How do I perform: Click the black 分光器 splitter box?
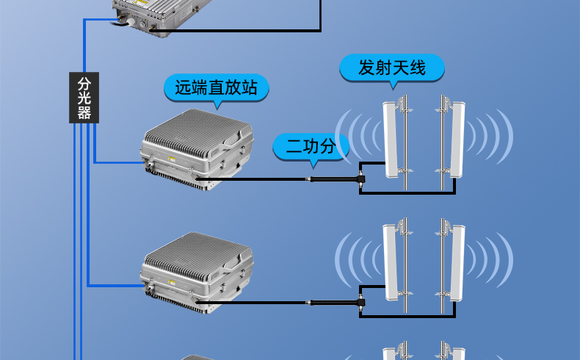pyautogui.click(x=84, y=98)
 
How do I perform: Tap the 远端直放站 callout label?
pyautogui.click(x=217, y=88)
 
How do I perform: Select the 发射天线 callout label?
pyautogui.click(x=392, y=68)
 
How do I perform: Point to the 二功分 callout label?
pyautogui.click(x=311, y=146)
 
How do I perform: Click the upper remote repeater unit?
pyautogui.click(x=197, y=149)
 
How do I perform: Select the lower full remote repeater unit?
pyautogui.click(x=197, y=273)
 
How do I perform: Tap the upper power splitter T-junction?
pyautogui.click(x=360, y=179)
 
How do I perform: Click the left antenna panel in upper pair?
pyautogui.click(x=390, y=140)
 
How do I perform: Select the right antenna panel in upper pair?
pyautogui.click(x=457, y=140)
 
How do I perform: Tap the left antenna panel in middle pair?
pyautogui.click(x=390, y=262)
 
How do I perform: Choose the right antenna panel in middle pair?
pyautogui.click(x=457, y=262)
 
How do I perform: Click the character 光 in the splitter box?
pyautogui.click(x=84, y=98)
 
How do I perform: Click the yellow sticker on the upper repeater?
pyautogui.click(x=172, y=159)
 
